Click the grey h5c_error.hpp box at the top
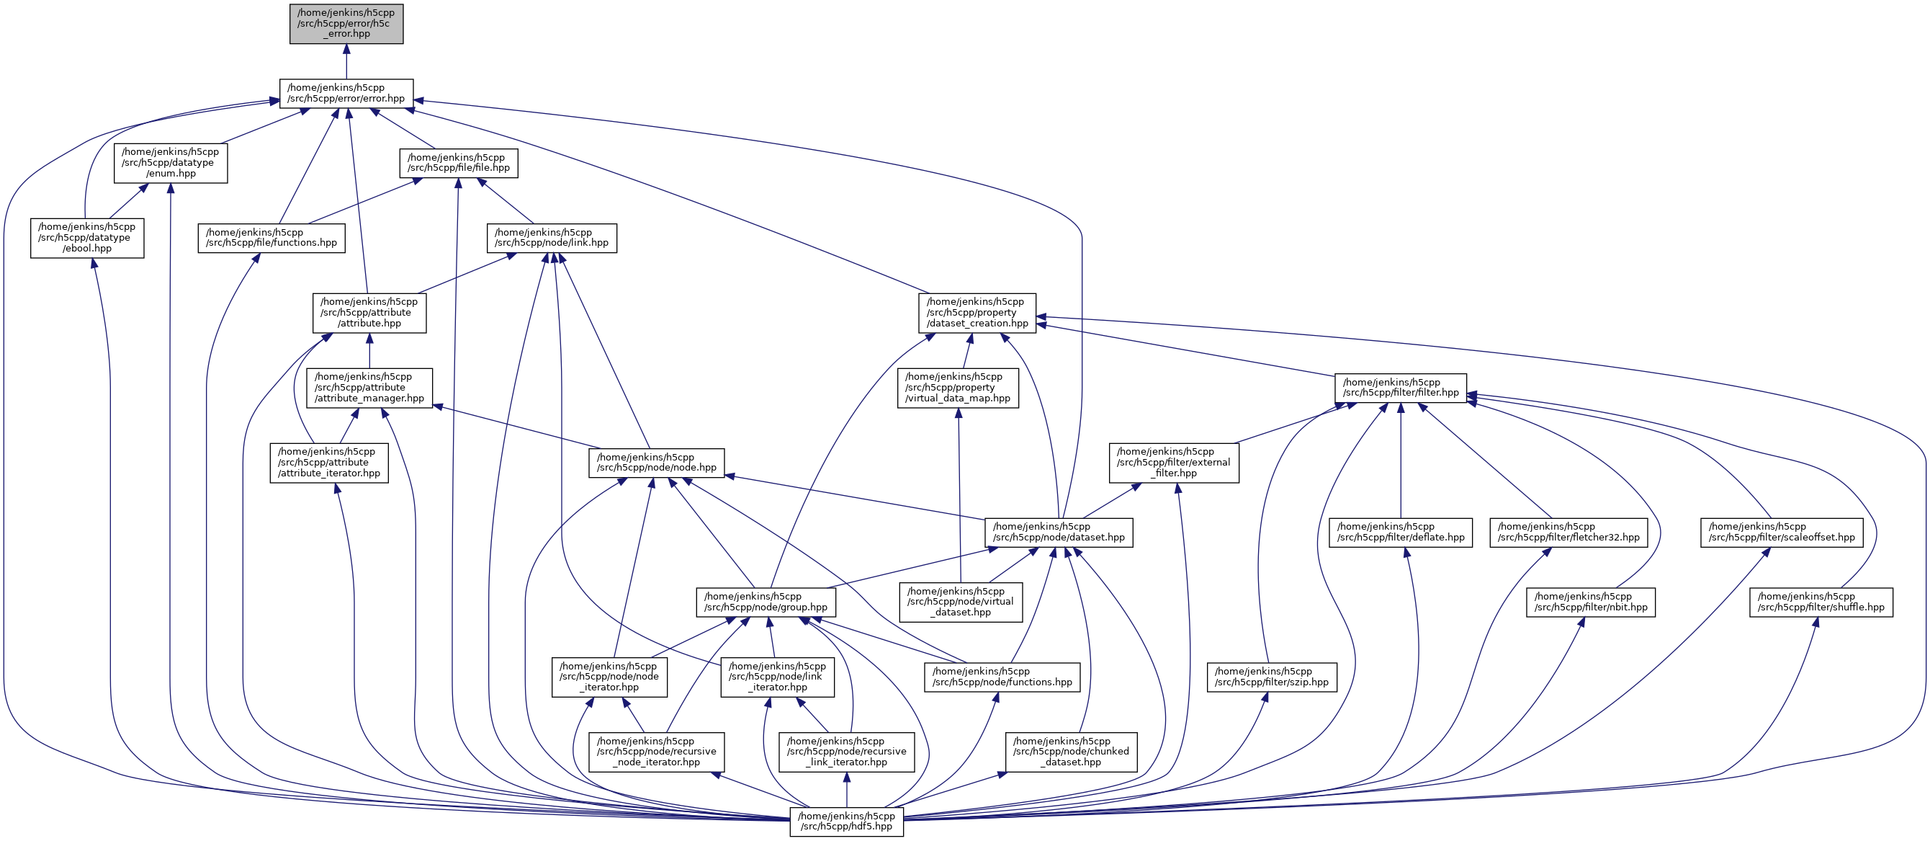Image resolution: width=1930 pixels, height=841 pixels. pyautogui.click(x=346, y=24)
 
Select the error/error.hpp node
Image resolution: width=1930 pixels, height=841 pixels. pyautogui.click(x=346, y=93)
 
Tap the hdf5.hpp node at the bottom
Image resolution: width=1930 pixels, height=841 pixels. pyautogui.click(x=846, y=822)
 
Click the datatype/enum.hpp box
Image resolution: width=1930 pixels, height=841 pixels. pyautogui.click(x=171, y=163)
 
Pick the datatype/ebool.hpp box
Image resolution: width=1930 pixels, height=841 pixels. pyautogui.click(x=87, y=238)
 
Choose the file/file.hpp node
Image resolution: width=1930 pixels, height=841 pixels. pyautogui.click(x=459, y=163)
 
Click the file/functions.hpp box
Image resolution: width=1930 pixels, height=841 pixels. pyautogui.click(x=271, y=238)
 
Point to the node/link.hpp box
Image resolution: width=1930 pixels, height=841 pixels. pyautogui.click(x=552, y=238)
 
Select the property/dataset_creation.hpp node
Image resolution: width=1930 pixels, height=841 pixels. pyautogui.click(x=977, y=313)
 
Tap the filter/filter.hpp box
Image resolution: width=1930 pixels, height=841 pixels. pyautogui.click(x=1400, y=388)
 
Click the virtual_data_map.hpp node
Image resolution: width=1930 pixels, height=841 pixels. pyautogui.click(x=958, y=388)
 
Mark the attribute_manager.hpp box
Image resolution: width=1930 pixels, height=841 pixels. pyautogui.click(x=369, y=388)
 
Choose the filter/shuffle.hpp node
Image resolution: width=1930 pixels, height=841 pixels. pyautogui.click(x=1821, y=602)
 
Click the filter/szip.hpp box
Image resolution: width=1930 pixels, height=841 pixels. pyautogui.click(x=1272, y=677)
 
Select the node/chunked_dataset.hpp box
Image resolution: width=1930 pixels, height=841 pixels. pyautogui.click(x=1071, y=752)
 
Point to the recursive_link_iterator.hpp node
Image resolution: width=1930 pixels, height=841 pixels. pyautogui.click(x=847, y=752)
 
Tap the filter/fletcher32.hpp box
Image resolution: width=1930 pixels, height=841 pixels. pyautogui.click(x=1568, y=532)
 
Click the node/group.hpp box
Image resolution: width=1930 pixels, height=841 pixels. pyautogui.click(x=766, y=602)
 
